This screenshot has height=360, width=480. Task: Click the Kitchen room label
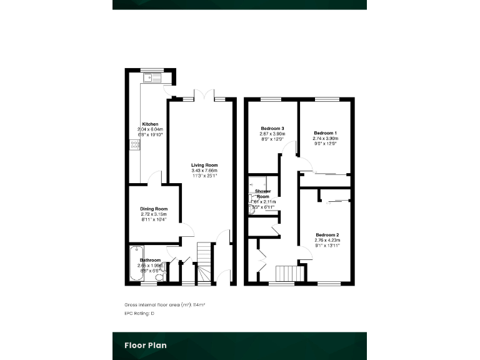point(150,124)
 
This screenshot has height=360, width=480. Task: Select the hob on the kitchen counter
point(134,145)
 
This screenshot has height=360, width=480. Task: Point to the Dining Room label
point(154,209)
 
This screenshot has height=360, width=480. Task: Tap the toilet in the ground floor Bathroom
point(160,277)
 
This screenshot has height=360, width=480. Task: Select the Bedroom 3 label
point(272,128)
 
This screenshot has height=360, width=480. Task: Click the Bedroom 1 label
point(325,133)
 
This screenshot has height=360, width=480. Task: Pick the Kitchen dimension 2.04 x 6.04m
point(150,129)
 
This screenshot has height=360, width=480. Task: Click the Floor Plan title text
point(146,345)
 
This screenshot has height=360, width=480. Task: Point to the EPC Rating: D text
point(139,313)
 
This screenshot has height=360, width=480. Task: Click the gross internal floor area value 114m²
point(198,304)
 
